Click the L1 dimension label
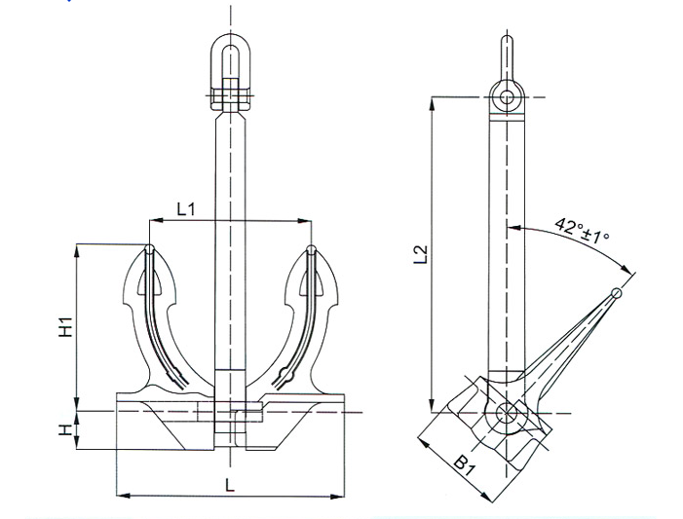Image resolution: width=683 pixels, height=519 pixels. (186, 209)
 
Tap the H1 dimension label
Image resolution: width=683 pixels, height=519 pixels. (65, 327)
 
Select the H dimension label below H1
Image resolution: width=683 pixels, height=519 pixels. (65, 430)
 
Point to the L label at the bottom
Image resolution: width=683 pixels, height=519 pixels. (230, 485)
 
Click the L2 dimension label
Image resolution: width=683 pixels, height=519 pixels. (421, 255)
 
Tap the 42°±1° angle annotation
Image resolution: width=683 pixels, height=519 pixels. (582, 231)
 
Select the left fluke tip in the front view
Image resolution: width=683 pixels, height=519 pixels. (149, 249)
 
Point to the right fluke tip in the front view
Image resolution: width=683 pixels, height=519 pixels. (312, 249)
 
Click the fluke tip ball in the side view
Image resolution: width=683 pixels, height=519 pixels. (617, 292)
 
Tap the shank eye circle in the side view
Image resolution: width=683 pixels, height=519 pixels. (507, 96)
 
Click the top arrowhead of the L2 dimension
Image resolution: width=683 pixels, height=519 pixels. (432, 103)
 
